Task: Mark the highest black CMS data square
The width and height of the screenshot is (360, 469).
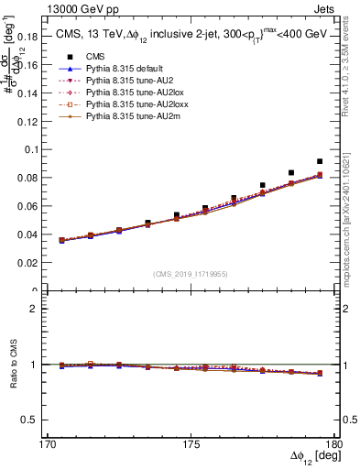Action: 320,161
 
